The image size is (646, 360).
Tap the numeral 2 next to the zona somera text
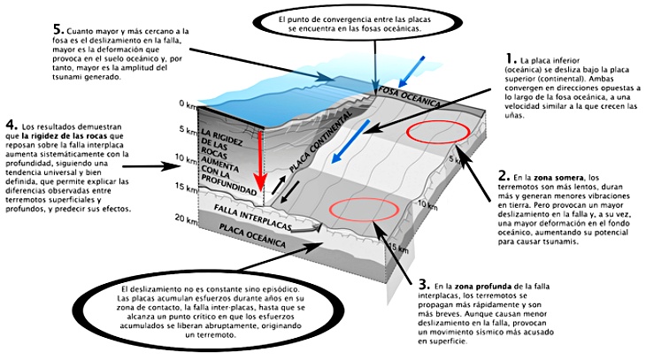(x=503, y=175)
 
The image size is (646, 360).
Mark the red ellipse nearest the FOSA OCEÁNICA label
(x=437, y=132)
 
